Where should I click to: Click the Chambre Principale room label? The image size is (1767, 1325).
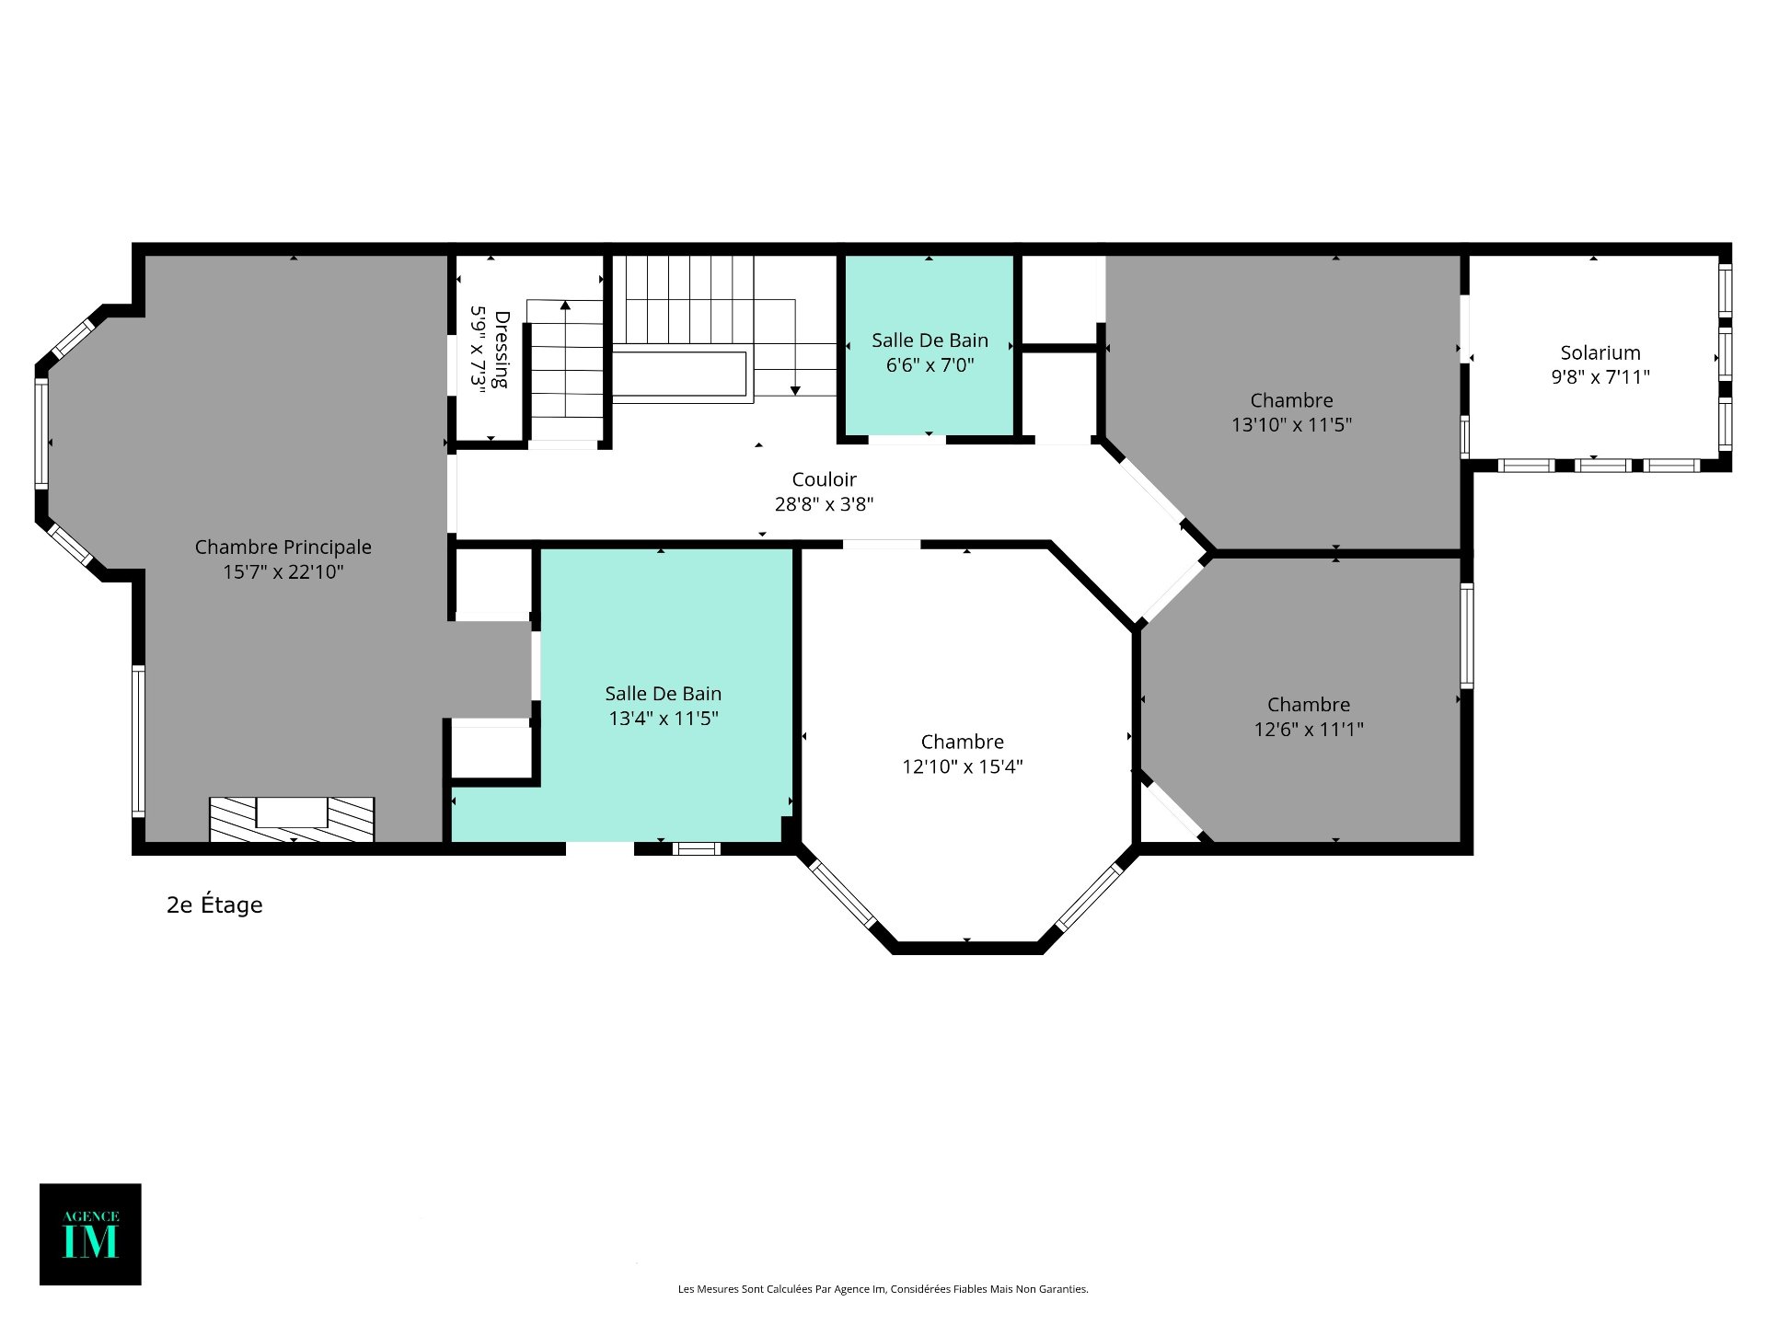point(283,547)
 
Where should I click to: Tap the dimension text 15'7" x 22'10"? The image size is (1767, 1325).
point(283,572)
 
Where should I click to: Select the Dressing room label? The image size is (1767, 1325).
point(502,350)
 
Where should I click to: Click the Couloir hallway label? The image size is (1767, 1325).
point(825,479)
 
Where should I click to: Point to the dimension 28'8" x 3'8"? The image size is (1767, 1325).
point(825,504)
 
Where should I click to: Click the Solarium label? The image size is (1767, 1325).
point(1600,352)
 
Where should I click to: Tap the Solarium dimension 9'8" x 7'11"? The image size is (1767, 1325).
point(1600,377)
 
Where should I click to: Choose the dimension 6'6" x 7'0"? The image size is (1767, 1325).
point(930,365)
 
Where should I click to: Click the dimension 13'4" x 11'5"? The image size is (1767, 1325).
point(664,719)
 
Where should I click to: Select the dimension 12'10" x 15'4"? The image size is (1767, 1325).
point(963,766)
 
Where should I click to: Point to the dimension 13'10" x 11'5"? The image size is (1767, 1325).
point(1292,425)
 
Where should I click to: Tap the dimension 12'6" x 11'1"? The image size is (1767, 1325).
point(1309,730)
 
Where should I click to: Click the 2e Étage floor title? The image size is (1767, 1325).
point(214,905)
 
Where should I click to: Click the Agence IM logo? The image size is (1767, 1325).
point(90,1234)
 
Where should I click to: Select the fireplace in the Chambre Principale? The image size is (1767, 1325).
point(292,819)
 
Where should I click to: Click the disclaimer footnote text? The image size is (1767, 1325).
point(883,1289)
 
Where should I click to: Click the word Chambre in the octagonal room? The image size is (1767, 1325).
point(963,742)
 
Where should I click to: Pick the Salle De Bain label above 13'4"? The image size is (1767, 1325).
point(664,694)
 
